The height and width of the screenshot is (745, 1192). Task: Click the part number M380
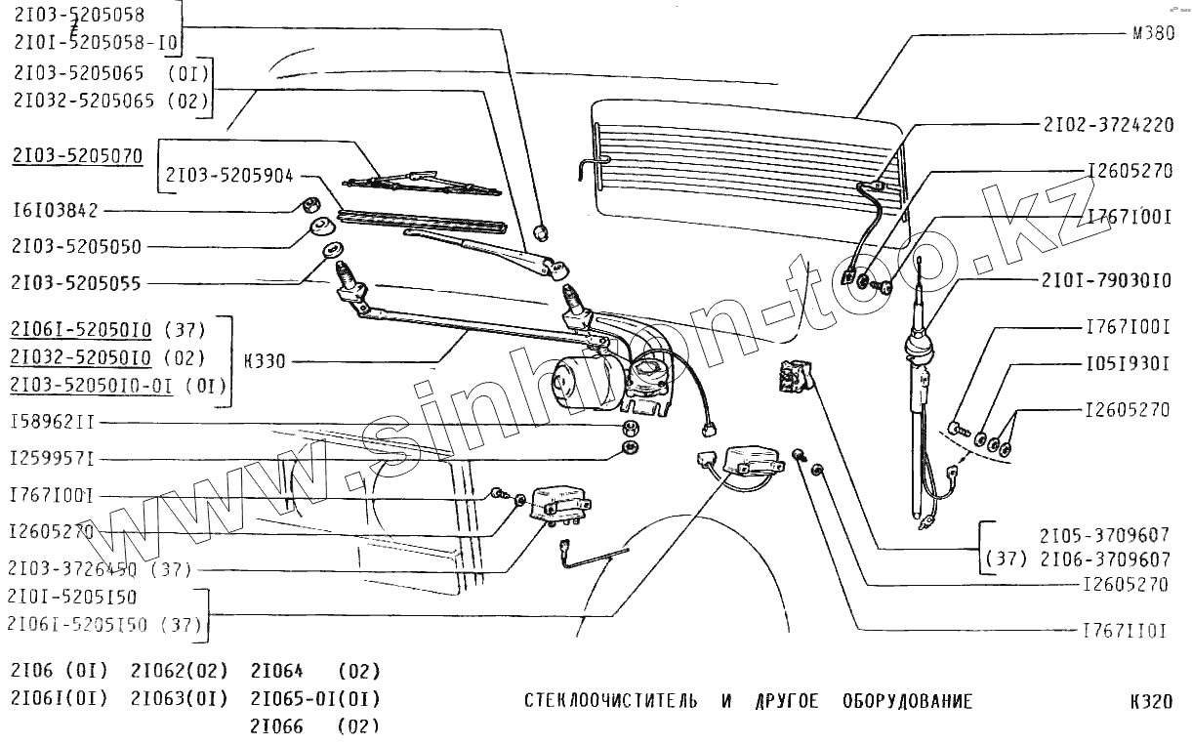coord(1153,33)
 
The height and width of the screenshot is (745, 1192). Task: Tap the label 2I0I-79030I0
coord(1106,281)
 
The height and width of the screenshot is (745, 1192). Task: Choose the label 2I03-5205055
coord(76,283)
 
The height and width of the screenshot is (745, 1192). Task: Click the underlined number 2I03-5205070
coord(77,155)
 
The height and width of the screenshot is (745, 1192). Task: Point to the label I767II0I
coord(1125,631)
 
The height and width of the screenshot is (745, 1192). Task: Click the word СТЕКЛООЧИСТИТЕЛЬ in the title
coord(611,701)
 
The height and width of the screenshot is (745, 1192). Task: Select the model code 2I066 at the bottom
coord(276,726)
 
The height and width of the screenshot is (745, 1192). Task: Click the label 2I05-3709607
coord(1104,535)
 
